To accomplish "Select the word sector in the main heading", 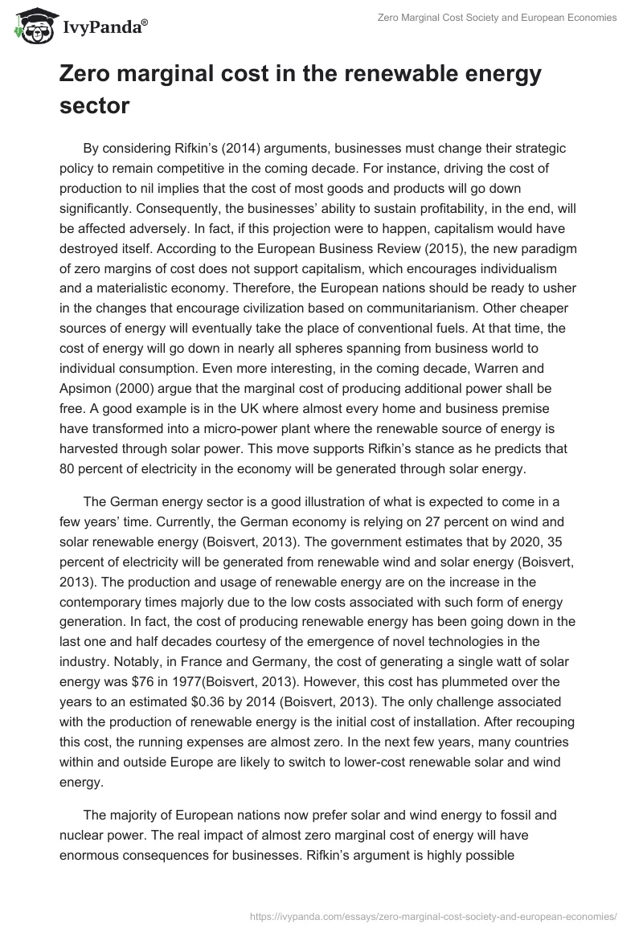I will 95,105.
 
